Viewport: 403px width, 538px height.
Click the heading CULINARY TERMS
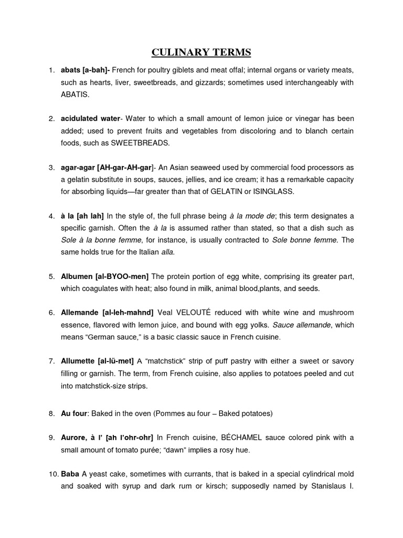201,52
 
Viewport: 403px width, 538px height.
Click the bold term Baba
70,474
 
